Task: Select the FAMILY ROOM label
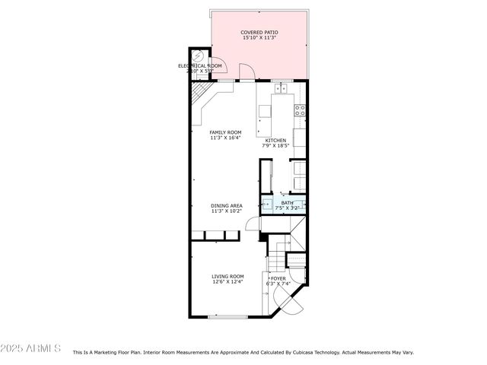pyautogui.click(x=225, y=132)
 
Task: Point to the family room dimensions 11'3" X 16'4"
pyautogui.click(x=225, y=138)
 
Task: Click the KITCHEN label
pyautogui.click(x=275, y=140)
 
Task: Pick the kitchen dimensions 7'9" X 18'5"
pyautogui.click(x=275, y=146)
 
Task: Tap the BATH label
pyautogui.click(x=287, y=202)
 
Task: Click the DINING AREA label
pyautogui.click(x=227, y=205)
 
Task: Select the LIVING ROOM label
pyautogui.click(x=227, y=276)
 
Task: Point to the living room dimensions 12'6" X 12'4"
pyautogui.click(x=227, y=282)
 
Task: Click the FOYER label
pyautogui.click(x=279, y=278)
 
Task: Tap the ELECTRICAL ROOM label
pyautogui.click(x=200, y=66)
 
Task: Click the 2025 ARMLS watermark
pyautogui.click(x=31, y=348)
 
